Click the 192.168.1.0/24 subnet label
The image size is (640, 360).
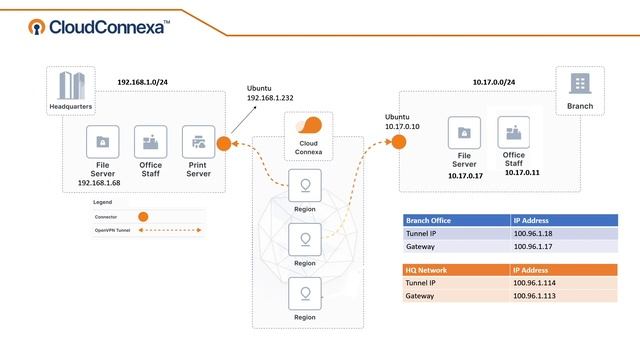[x=143, y=82]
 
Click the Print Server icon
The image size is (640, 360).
[x=198, y=142]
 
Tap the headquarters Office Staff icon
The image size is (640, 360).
[x=151, y=142]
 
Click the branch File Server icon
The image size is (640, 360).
[x=464, y=132]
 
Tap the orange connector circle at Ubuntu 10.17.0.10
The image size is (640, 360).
[x=399, y=141]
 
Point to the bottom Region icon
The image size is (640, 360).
[x=303, y=293]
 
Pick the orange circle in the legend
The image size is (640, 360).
[x=143, y=216]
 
